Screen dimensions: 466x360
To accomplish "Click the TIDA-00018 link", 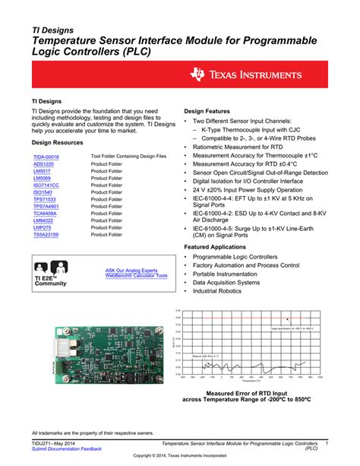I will (x=46, y=156).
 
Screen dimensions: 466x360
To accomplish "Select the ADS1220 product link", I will (x=43, y=164).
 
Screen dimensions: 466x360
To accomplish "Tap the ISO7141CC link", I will (x=46, y=185).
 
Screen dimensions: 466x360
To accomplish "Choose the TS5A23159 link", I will (x=46, y=235).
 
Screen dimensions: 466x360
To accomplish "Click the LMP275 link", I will (x=42, y=227).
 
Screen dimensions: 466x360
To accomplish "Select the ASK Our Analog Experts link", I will (x=131, y=270).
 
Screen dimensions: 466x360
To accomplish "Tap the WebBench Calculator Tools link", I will (x=136, y=275).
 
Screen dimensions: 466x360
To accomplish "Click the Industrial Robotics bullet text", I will (x=221, y=290).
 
